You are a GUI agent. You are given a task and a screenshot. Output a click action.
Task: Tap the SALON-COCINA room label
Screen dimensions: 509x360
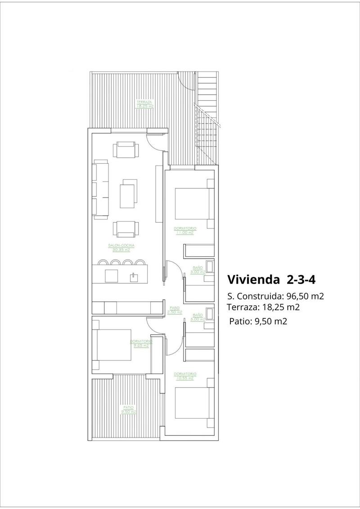[x=121, y=247]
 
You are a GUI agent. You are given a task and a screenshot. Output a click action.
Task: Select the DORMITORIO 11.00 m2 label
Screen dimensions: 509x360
[x=184, y=231]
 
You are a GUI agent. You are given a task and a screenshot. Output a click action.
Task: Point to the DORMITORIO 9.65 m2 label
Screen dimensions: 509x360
[x=141, y=343]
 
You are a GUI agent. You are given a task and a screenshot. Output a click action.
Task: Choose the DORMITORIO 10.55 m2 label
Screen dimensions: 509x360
[x=184, y=376]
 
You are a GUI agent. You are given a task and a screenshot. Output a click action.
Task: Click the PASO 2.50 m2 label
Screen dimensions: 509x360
[x=174, y=310]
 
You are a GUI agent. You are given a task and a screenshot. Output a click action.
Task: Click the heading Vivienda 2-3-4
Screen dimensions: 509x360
[x=271, y=279]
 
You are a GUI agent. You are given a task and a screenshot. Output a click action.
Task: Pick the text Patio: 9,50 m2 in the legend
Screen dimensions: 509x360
[x=258, y=321]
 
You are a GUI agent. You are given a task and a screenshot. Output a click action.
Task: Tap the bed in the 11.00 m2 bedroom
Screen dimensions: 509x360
[x=191, y=203]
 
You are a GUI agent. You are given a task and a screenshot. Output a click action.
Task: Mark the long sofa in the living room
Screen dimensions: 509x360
[x=101, y=189]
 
